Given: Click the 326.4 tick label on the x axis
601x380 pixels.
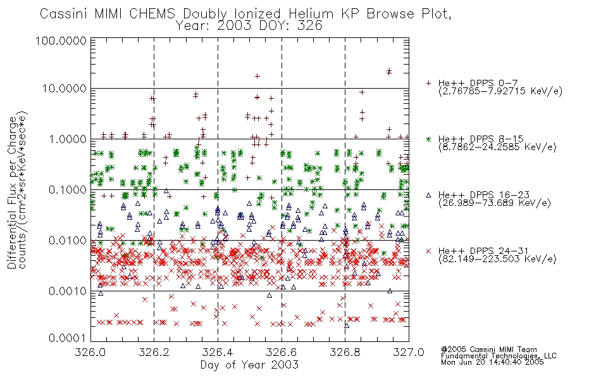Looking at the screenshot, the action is point(218,352).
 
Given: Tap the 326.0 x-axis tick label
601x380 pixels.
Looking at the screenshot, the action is point(90,352).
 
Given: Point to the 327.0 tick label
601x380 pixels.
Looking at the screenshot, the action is point(409,352).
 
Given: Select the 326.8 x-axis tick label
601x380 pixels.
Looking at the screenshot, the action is point(345,352).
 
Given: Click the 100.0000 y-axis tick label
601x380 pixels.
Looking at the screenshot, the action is point(61,41).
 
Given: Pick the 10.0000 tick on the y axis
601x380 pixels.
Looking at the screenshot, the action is point(64,89).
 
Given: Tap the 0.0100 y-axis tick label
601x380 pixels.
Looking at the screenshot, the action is point(68,241).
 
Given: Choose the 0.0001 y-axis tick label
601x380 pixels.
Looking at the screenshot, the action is point(68,338).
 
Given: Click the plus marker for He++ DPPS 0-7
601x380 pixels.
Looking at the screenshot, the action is point(428,83).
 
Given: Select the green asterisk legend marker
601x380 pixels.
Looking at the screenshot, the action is point(428,139).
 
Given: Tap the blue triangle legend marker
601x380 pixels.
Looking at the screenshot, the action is point(428,195).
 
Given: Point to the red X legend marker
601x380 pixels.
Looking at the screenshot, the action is point(428,251).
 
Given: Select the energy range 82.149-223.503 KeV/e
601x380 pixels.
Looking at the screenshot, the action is point(497,259).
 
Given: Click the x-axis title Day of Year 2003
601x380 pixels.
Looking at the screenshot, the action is point(249,365).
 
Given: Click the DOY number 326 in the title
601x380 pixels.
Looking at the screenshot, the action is point(309,26).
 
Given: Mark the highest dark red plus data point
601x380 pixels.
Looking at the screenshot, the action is point(389,70).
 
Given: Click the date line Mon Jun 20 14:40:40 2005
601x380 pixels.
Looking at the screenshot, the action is point(492,362).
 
